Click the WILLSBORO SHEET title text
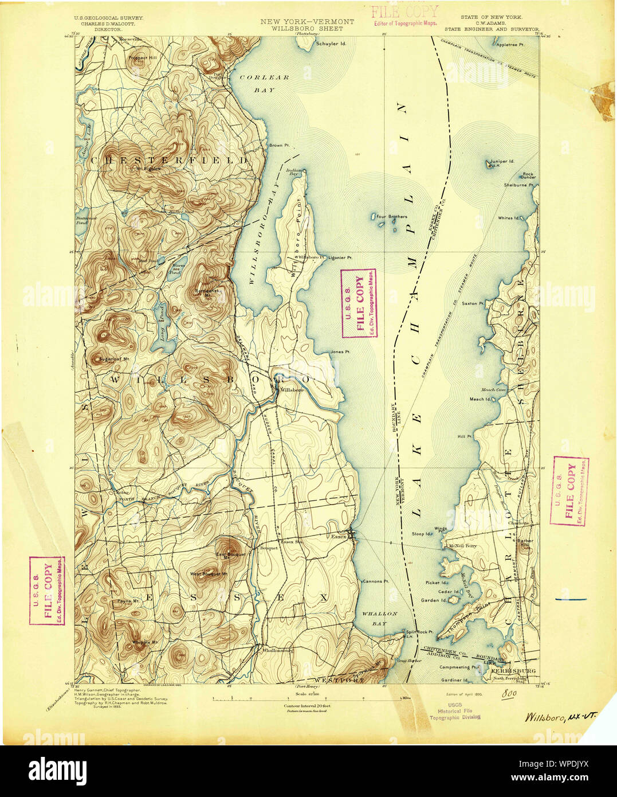point(307,28)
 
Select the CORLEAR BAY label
point(264,84)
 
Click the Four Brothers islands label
point(392,217)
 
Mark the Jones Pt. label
point(340,351)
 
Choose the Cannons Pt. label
point(375,581)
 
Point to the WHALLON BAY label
point(379,618)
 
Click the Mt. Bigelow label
point(144,169)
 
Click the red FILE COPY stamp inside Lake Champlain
point(358,303)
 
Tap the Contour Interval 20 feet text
point(306,706)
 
